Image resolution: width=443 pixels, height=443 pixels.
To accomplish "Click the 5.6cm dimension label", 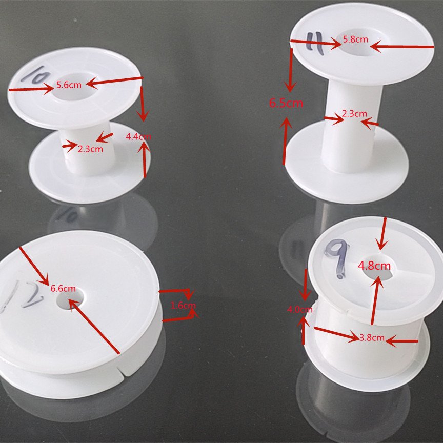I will [x=69, y=85].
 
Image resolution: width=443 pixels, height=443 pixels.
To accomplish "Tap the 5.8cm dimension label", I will [x=355, y=39].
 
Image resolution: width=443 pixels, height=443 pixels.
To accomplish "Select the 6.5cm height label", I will [x=286, y=103].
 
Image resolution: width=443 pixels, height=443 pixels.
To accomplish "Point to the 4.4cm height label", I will [x=138, y=137].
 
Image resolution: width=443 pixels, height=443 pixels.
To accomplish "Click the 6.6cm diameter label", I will [x=63, y=288].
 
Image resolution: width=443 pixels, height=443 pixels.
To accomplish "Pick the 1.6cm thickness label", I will [x=183, y=306].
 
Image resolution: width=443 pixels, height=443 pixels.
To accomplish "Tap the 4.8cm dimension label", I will [x=374, y=266].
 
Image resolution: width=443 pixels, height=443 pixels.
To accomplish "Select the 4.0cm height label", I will [x=300, y=310].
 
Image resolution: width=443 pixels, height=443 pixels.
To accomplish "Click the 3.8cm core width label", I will [x=372, y=338].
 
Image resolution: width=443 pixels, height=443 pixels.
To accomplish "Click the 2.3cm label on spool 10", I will [x=90, y=149].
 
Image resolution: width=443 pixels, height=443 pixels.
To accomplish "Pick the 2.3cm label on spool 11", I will [x=354, y=114].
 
